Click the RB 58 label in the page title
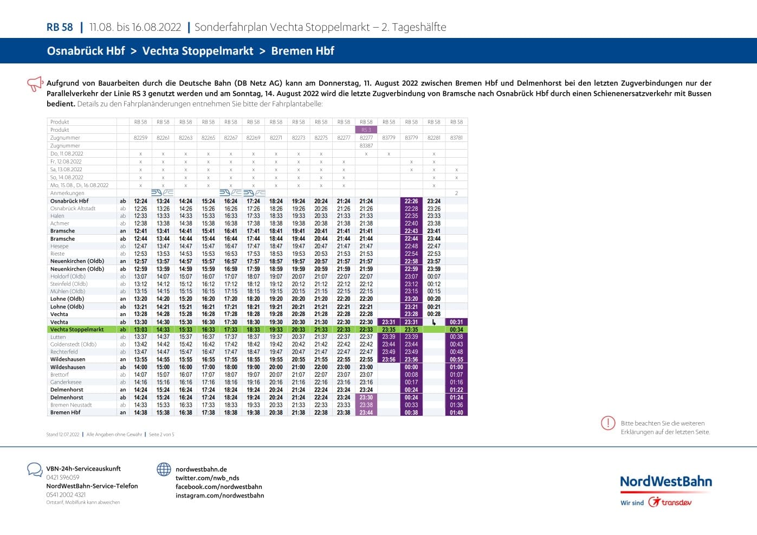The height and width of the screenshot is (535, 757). click(x=60, y=27)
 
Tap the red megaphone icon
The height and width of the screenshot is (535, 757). click(x=35, y=83)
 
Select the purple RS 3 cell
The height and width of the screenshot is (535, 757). click(x=366, y=130)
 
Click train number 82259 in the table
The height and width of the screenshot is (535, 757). click(x=140, y=138)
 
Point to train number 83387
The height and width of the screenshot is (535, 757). click(x=366, y=146)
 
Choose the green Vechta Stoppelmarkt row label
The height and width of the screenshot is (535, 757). click(x=77, y=330)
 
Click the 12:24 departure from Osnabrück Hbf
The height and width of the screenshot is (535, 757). click(x=140, y=201)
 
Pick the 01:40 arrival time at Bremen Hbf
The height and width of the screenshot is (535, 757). click(x=456, y=412)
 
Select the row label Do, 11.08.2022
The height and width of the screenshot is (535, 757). click(x=67, y=154)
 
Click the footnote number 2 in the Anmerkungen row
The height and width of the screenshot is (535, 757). click(x=456, y=193)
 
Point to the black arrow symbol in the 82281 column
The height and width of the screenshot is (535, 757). click(x=434, y=323)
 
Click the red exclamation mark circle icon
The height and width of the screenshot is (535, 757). click(x=608, y=423)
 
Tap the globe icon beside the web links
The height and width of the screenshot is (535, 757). click(x=164, y=469)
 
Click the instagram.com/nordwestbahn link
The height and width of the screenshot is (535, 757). click(x=219, y=495)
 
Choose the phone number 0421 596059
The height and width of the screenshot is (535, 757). click(x=63, y=478)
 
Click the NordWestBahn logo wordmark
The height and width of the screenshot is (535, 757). click(x=665, y=481)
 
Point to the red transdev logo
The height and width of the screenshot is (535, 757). click(x=670, y=502)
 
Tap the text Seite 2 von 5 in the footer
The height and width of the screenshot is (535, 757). click(x=161, y=435)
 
